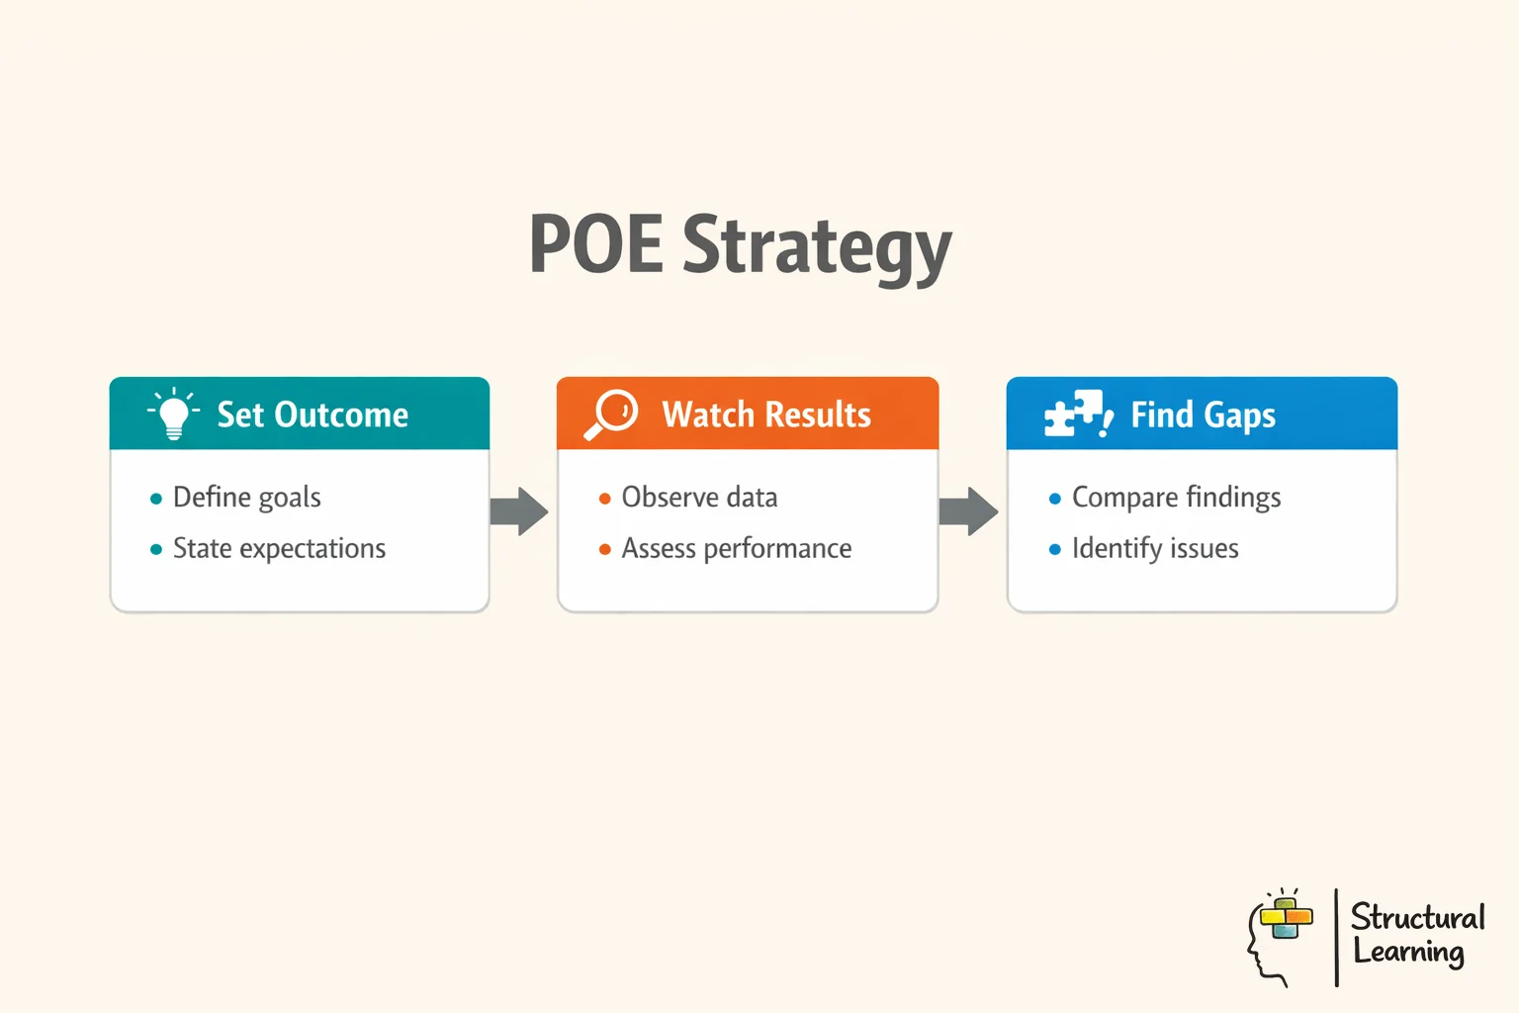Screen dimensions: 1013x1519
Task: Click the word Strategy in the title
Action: (817, 247)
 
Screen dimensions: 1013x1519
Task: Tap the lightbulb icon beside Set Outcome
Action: (173, 414)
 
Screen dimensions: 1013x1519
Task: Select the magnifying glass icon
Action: (611, 414)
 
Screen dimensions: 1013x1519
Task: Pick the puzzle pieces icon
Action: (1077, 414)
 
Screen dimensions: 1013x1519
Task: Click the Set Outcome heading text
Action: (313, 414)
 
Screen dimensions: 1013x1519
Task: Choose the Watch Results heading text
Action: (766, 414)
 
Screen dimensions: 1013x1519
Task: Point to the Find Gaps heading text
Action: (1203, 415)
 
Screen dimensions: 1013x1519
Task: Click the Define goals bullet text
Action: (247, 498)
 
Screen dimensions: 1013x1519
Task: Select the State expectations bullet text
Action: (279, 549)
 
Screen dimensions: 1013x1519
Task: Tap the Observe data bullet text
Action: (699, 498)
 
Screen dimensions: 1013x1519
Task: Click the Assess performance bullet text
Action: (736, 549)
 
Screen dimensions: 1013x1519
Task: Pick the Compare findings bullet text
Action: (1176, 498)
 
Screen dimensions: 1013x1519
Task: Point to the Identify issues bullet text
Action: (1155, 549)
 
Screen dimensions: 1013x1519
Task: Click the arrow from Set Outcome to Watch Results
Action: (519, 511)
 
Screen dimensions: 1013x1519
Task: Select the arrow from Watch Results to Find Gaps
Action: (968, 511)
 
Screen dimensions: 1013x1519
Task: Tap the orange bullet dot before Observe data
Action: (605, 499)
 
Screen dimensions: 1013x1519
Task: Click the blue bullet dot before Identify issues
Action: (1055, 550)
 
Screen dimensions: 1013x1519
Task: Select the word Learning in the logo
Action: (1408, 952)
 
